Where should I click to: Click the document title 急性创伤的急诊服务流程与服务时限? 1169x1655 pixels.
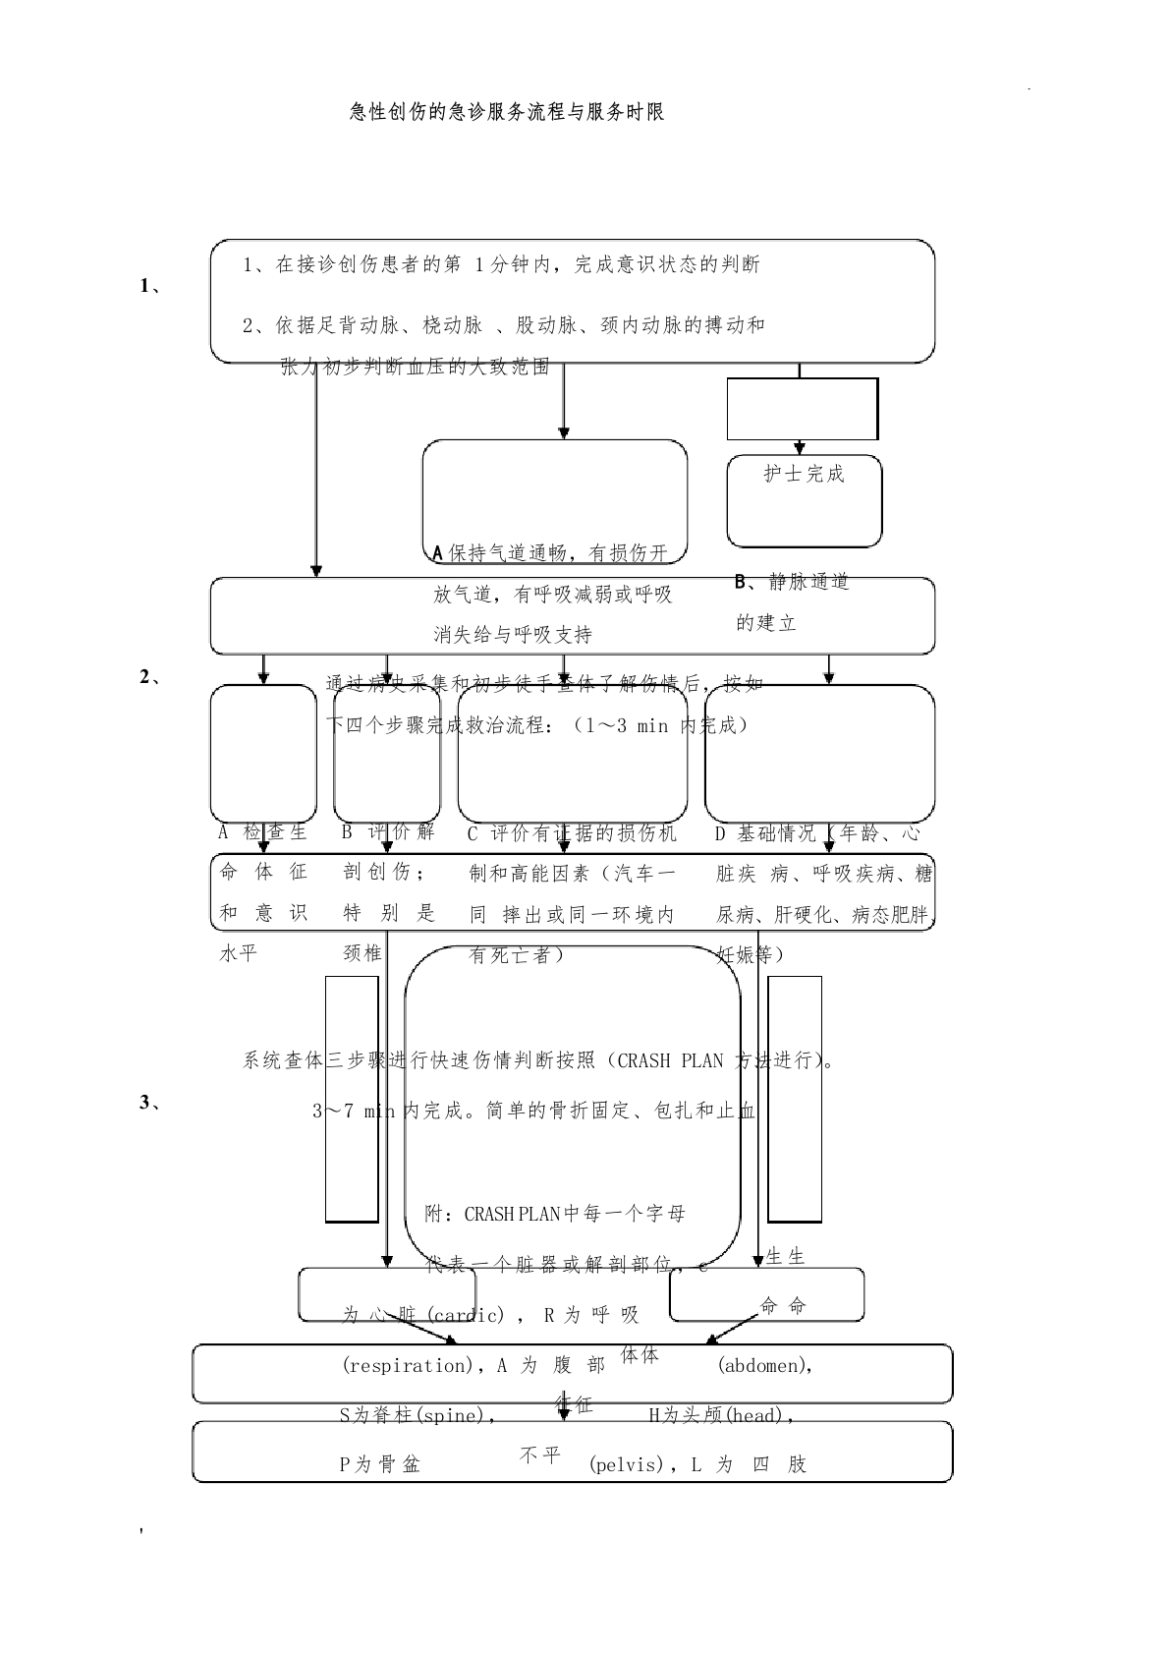coord(507,112)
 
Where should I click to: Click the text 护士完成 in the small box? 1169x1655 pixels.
coord(804,474)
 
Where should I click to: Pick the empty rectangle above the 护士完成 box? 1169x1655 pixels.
coord(802,409)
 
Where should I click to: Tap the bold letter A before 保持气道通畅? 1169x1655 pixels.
coord(438,553)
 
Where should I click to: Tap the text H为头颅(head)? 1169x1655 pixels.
coord(721,1415)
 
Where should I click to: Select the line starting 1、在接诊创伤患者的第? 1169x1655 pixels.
coord(501,264)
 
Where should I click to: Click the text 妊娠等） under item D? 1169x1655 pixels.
coord(751,954)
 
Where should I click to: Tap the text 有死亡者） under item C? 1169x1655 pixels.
coord(517,954)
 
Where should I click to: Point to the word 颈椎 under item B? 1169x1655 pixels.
coord(362,954)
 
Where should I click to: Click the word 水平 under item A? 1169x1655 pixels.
coord(238,954)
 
